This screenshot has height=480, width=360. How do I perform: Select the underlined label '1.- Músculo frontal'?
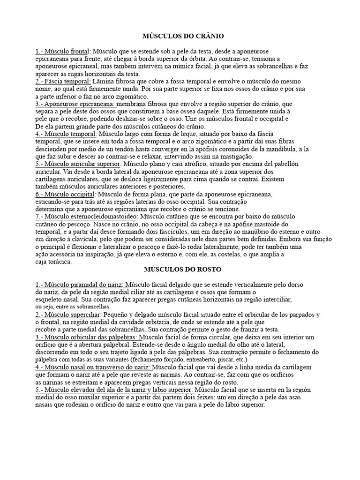click(x=62, y=51)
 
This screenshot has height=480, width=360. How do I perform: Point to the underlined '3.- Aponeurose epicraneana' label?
click(x=75, y=103)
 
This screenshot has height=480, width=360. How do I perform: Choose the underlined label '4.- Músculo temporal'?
click(x=65, y=134)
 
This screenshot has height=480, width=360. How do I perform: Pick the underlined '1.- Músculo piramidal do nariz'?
click(x=80, y=285)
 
